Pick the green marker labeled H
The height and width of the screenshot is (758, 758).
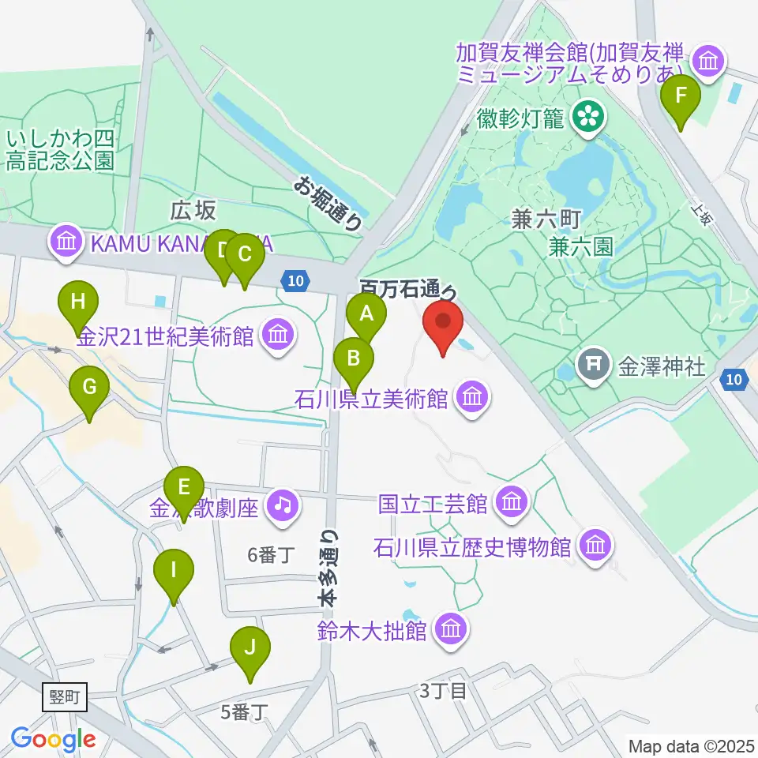(x=77, y=302)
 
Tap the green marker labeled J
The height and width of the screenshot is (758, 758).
(x=250, y=649)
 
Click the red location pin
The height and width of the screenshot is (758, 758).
(x=443, y=324)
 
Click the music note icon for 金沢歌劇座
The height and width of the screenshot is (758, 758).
(x=282, y=504)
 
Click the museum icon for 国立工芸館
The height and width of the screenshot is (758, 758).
(x=512, y=501)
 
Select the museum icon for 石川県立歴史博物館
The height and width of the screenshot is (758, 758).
(x=595, y=546)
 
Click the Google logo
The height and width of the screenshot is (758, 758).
(x=53, y=740)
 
